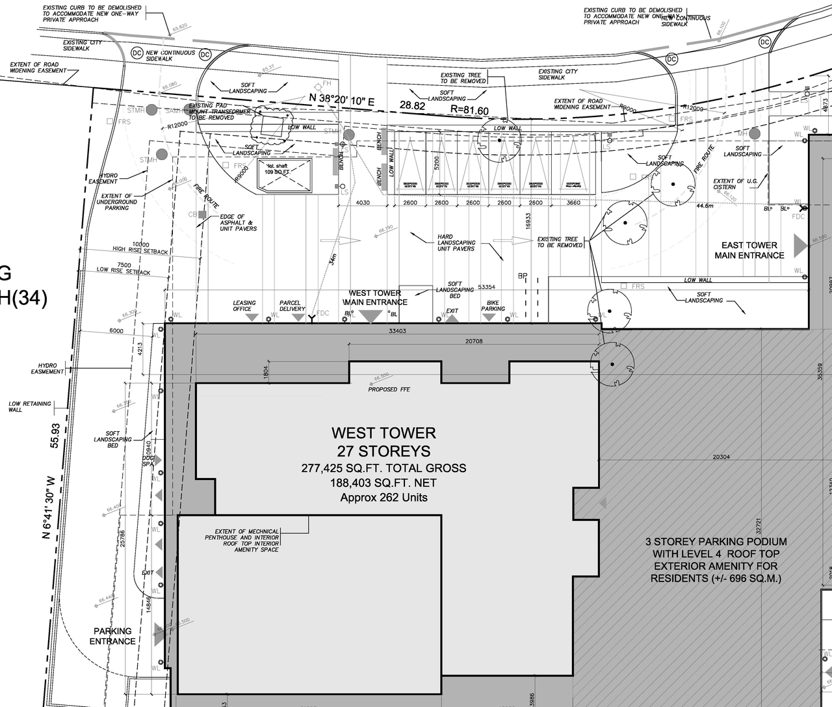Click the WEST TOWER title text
[383, 433]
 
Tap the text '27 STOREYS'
[383, 451]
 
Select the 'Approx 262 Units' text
[383, 498]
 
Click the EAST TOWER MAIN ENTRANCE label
[749, 250]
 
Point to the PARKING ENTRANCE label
[112, 636]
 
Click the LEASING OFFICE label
[244, 306]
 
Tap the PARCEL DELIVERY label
[292, 306]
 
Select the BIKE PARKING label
[493, 306]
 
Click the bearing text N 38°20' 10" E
[343, 99]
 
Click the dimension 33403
[397, 331]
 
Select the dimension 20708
[474, 341]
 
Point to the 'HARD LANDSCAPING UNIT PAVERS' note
[456, 243]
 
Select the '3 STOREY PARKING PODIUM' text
[716, 541]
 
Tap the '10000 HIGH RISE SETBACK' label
[140, 248]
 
